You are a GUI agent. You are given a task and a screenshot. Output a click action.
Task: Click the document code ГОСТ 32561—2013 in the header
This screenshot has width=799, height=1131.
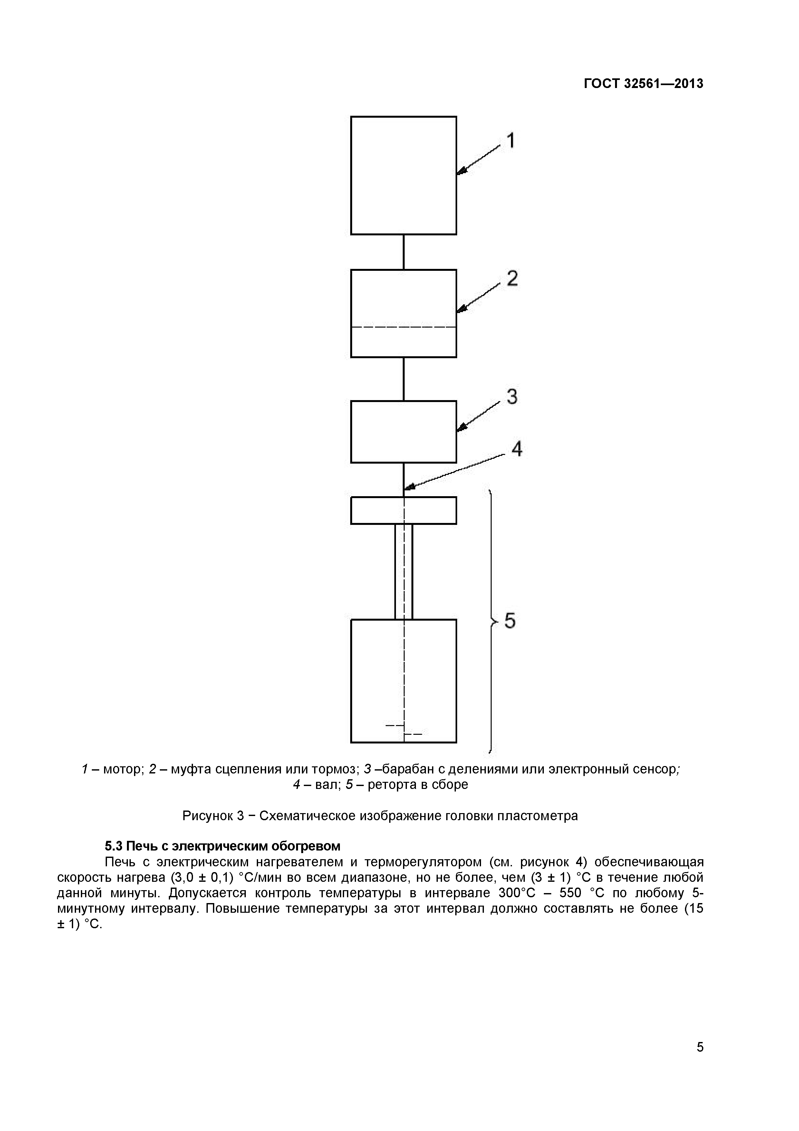point(643,84)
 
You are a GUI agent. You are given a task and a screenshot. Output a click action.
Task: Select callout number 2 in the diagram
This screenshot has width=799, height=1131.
point(512,279)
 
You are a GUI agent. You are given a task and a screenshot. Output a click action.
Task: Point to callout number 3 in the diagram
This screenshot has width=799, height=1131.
point(512,397)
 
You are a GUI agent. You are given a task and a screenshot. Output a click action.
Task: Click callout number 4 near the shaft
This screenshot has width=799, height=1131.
point(516,449)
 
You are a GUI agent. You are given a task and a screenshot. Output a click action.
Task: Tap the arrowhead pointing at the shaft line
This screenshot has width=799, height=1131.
point(408,488)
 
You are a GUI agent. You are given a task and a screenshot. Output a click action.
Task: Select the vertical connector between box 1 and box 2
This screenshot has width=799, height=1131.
point(404,252)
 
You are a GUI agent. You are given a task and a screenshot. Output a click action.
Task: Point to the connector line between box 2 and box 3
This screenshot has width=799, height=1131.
point(404,379)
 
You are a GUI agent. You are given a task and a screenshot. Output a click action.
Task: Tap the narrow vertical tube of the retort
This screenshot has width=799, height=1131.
point(404,571)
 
